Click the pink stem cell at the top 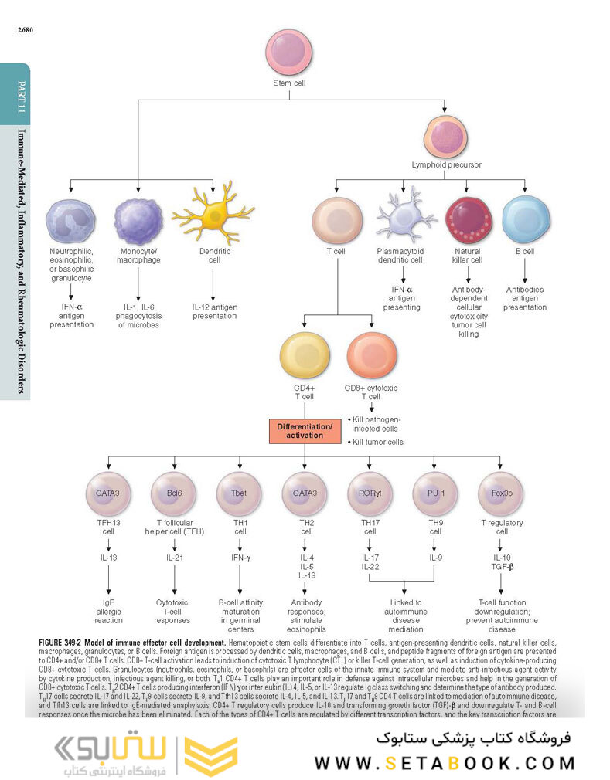coord(288,52)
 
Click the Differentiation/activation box coord(304,431)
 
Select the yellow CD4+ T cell coord(303,355)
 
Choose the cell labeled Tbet coord(240,491)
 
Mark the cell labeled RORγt coord(370,491)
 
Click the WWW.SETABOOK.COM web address coord(445,763)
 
